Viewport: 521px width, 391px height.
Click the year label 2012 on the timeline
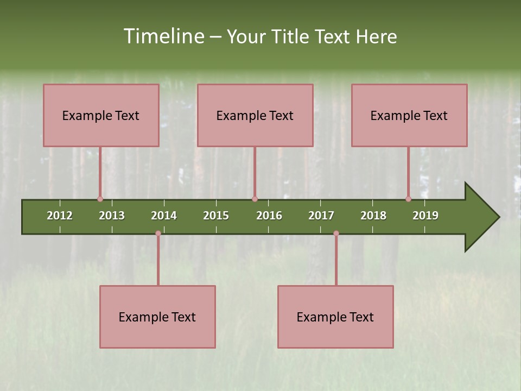[60, 216]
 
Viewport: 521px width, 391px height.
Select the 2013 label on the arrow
[112, 216]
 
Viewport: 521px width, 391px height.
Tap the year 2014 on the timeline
[164, 216]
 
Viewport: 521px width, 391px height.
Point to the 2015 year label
[216, 216]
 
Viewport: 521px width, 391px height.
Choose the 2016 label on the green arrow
[269, 216]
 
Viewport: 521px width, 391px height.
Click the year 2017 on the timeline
[321, 216]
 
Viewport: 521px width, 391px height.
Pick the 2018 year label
[373, 216]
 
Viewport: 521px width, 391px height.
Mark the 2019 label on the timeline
[425, 216]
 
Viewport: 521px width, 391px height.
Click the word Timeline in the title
[162, 36]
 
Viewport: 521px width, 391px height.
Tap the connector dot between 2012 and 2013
[100, 199]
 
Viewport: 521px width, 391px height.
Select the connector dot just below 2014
[158, 234]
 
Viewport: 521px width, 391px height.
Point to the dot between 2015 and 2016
[255, 199]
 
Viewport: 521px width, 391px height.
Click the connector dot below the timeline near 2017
[336, 234]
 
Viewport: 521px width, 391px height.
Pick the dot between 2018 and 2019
[408, 199]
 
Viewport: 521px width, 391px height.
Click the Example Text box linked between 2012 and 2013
[101, 115]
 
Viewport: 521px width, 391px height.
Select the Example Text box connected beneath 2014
[157, 317]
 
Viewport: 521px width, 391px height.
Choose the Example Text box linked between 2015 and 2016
[255, 115]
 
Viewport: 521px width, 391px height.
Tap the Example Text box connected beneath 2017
[335, 317]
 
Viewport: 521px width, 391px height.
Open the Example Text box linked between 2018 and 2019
[409, 115]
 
